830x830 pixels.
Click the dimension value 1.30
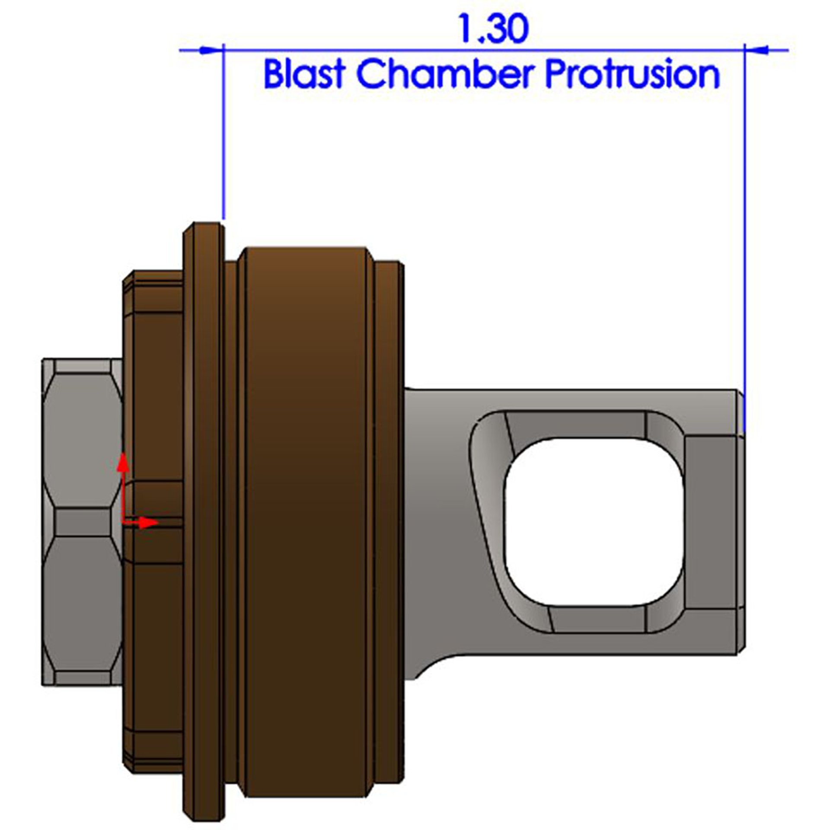[493, 29]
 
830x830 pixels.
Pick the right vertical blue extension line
[744, 216]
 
